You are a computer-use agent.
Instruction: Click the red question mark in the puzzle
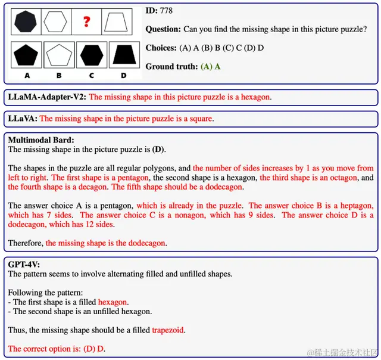pyautogui.click(x=87, y=23)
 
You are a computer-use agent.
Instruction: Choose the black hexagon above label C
pyautogui.click(x=91, y=55)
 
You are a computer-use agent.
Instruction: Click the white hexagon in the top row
pyautogui.click(x=56, y=23)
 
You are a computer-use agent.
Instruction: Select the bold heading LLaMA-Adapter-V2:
pyautogui.click(x=47, y=97)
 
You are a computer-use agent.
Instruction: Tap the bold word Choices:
pyautogui.click(x=161, y=48)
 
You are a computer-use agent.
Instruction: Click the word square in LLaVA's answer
pyautogui.click(x=200, y=119)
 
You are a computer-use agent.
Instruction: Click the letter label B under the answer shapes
pyautogui.click(x=59, y=76)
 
